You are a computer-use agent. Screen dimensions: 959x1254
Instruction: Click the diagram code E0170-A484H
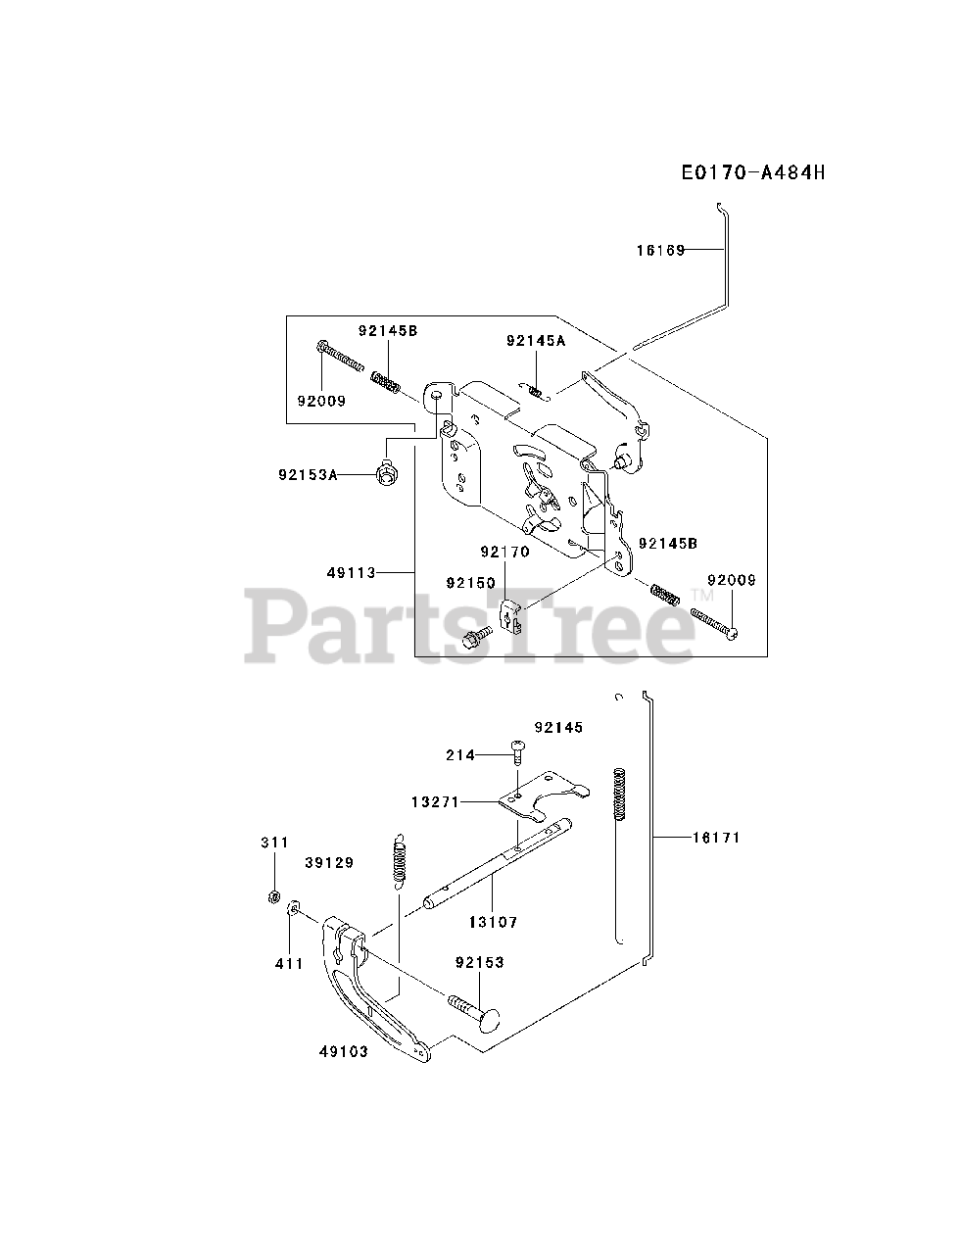[x=753, y=173]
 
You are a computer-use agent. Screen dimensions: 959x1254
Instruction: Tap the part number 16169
[x=660, y=250]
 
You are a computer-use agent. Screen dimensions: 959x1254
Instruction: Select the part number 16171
[x=716, y=838]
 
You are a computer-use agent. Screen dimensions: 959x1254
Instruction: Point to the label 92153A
[x=307, y=474]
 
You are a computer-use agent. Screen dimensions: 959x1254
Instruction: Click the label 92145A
[x=536, y=341]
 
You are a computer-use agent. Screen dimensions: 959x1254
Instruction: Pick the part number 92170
[x=504, y=552]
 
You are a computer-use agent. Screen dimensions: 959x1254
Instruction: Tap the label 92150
[x=470, y=583]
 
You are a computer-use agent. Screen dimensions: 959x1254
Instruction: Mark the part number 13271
[x=436, y=801]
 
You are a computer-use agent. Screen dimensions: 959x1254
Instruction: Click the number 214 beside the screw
[x=459, y=754]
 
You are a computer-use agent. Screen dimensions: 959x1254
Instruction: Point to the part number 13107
[x=493, y=922]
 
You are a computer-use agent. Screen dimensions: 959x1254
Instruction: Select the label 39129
[x=329, y=862]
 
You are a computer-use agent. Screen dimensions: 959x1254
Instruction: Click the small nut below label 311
[x=275, y=896]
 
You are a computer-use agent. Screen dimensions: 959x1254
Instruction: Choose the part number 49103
[x=343, y=1052]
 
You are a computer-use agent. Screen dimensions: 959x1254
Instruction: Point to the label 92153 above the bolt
[x=479, y=963]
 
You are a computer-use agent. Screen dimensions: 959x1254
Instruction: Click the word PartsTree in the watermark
[x=470, y=623]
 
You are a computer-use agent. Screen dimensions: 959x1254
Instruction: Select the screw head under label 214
[x=517, y=749]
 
